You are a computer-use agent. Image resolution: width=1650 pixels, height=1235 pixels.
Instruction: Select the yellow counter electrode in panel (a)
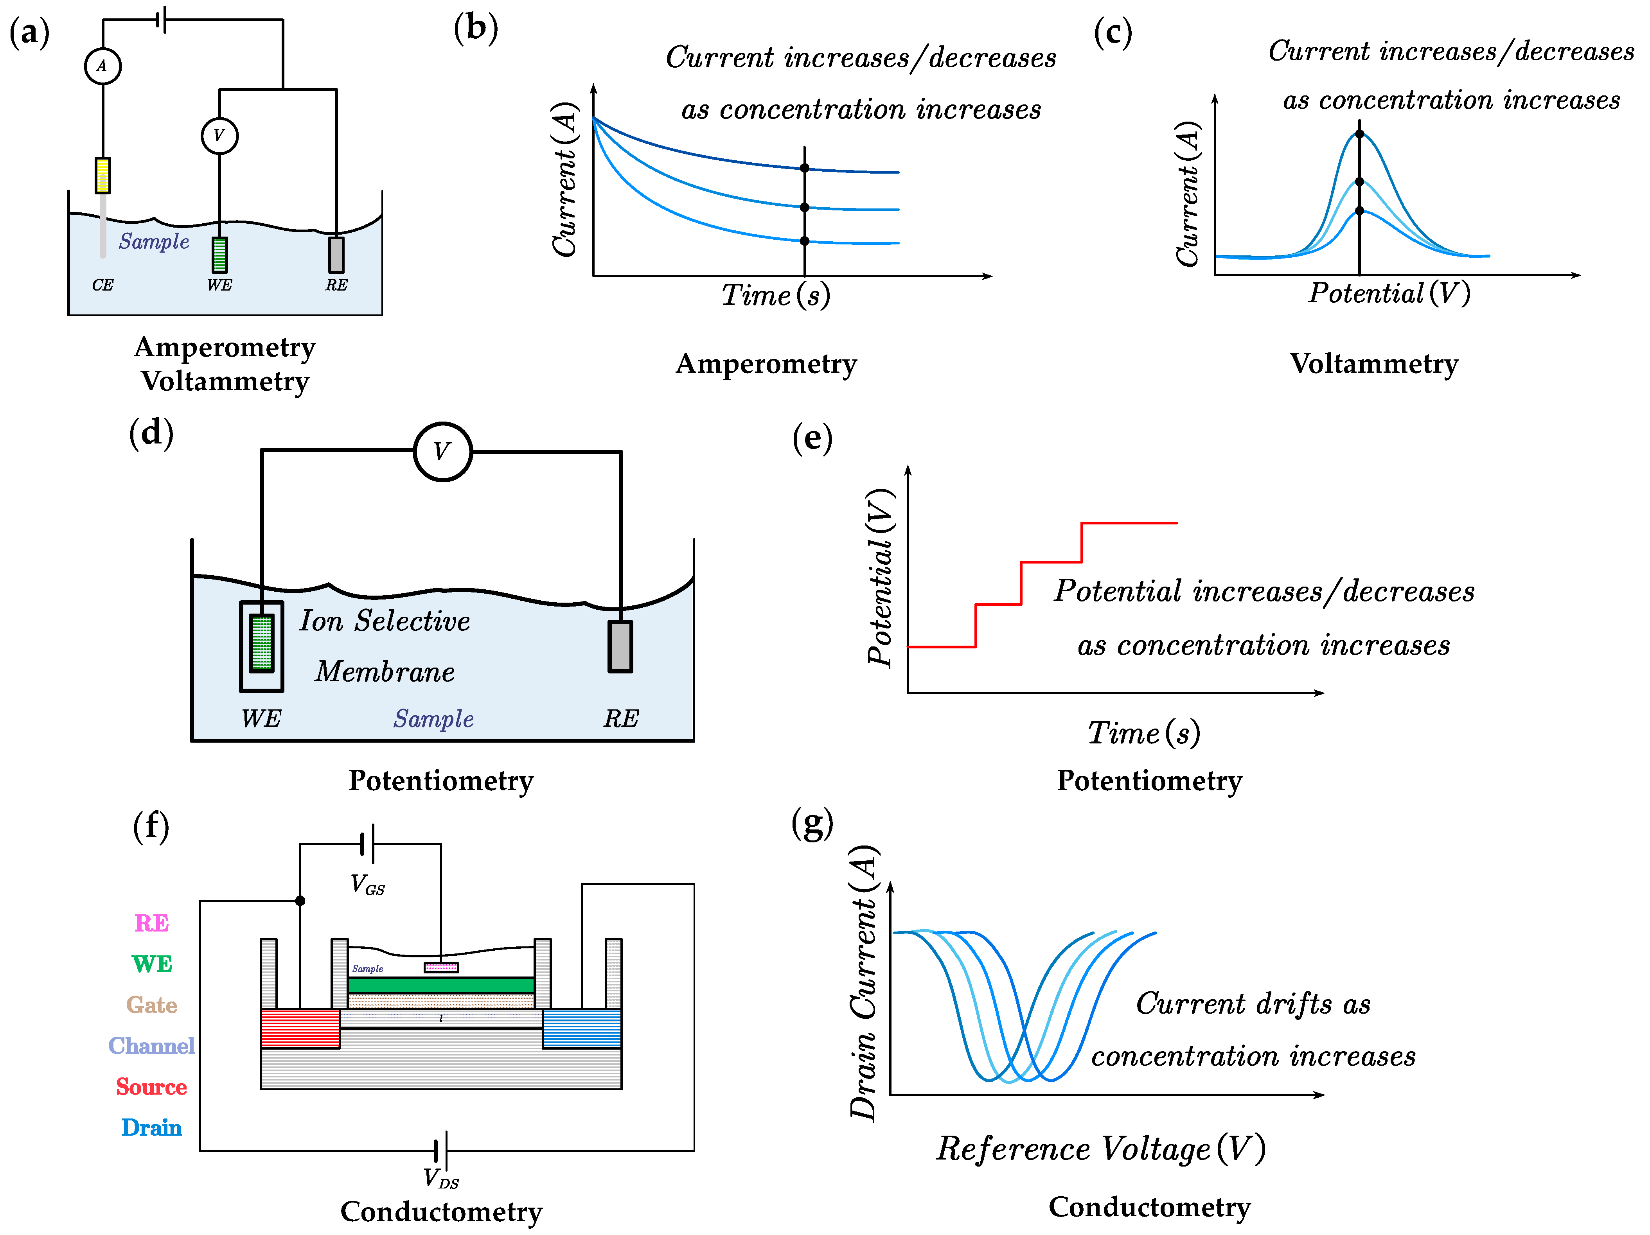(103, 175)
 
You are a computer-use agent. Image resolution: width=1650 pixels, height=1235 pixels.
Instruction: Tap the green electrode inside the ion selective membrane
(261, 643)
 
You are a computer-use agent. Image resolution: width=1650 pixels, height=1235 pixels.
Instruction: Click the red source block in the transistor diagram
(300, 1029)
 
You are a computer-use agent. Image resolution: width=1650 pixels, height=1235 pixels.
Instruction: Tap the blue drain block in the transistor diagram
(582, 1029)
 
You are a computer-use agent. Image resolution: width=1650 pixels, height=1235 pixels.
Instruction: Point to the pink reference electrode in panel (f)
(441, 967)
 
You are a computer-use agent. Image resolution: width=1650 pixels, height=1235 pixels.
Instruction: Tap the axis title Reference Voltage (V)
(1100, 1149)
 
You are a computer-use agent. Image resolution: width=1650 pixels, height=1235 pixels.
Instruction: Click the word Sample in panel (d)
(433, 719)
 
